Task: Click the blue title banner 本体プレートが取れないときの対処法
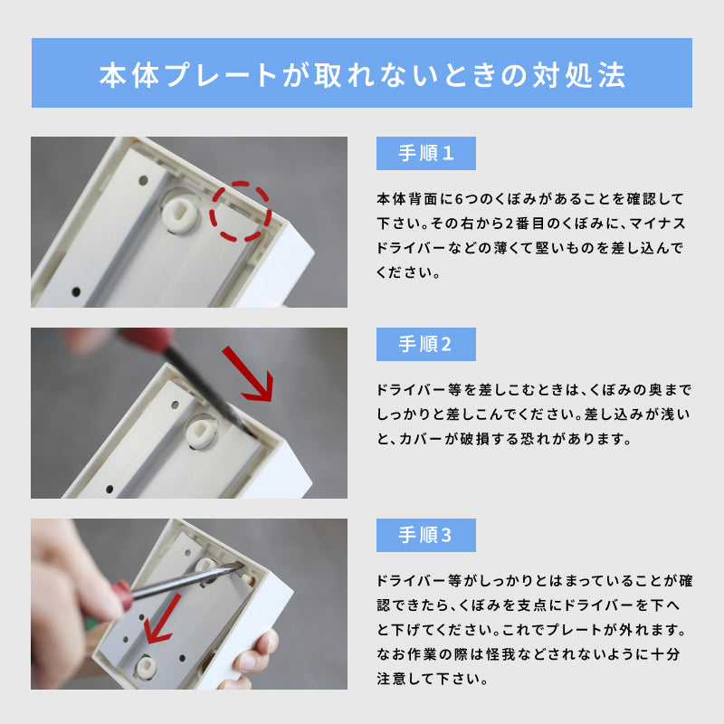[x=361, y=73]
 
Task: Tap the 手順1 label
[x=425, y=153]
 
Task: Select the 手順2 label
[x=425, y=345]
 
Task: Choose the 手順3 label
[x=425, y=535]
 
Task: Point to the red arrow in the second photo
[x=248, y=374]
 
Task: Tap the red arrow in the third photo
[x=162, y=620]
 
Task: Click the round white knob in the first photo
[x=179, y=214]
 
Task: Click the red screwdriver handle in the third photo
[x=120, y=595]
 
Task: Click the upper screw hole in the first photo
[x=143, y=180]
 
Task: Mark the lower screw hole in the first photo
[x=76, y=291]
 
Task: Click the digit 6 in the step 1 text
[x=459, y=199]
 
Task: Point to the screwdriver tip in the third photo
[x=240, y=564]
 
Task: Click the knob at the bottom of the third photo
[x=145, y=666]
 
